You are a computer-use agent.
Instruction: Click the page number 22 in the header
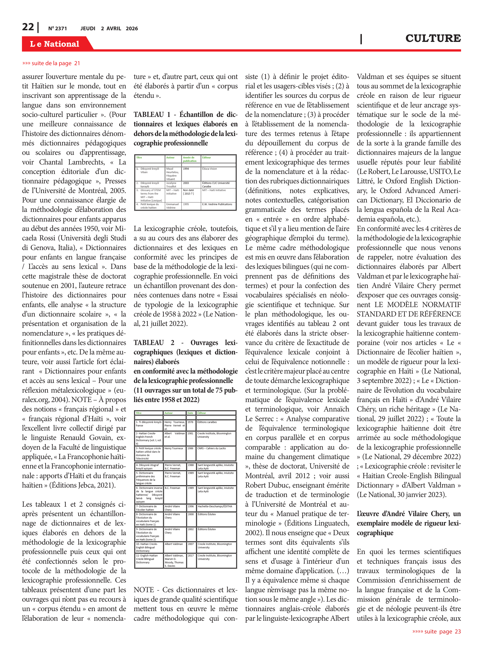pyautogui.click(x=28, y=27)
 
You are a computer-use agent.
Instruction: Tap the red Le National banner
pyautogui.click(x=55, y=44)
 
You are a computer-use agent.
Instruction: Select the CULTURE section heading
pyautogui.click(x=433, y=38)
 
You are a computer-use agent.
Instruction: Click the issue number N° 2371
pyautogui.click(x=58, y=29)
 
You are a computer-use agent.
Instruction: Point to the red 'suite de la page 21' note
pyautogui.click(x=51, y=63)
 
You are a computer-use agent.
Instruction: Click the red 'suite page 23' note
pyautogui.click(x=436, y=631)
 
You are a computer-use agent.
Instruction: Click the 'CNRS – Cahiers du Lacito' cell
pyautogui.click(x=211, y=448)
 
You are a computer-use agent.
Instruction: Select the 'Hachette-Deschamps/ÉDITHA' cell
pyautogui.click(x=215, y=506)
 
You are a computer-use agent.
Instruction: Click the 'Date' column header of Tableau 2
pyautogui.click(x=190, y=413)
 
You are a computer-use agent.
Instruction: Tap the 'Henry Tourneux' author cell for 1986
pyautogui.click(x=174, y=448)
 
